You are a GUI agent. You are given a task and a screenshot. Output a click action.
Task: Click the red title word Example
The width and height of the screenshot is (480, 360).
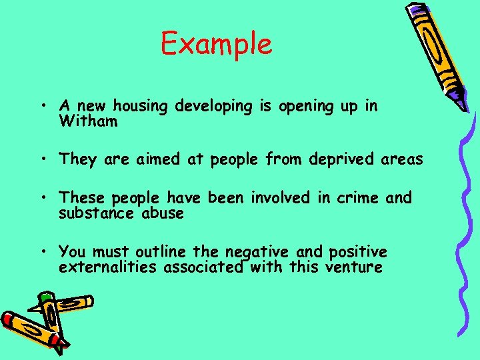pos(216,45)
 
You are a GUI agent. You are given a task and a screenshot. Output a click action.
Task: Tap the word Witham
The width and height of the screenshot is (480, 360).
pos(88,121)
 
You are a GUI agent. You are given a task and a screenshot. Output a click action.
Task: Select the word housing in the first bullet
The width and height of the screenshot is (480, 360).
pos(142,106)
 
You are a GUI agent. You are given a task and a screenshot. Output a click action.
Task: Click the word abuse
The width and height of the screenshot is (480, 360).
pos(163,214)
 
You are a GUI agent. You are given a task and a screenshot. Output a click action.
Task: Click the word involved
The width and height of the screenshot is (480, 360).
pos(281,198)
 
